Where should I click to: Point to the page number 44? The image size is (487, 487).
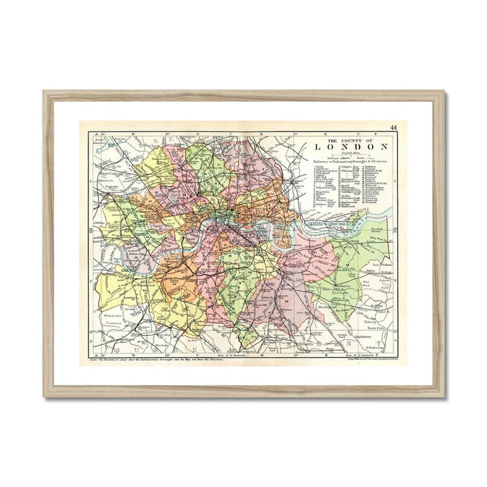[x=394, y=127]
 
